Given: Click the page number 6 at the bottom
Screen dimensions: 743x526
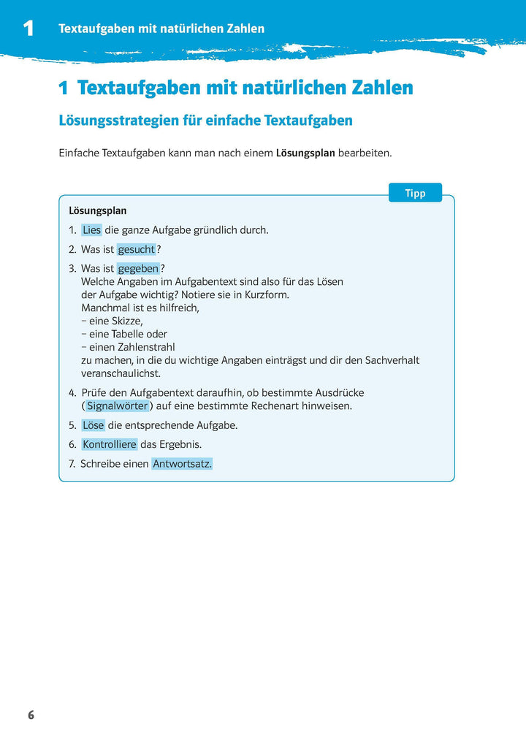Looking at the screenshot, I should coord(31,715).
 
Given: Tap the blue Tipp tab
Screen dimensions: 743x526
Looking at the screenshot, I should coord(415,193).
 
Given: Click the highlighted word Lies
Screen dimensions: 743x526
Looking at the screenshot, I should coord(92,230).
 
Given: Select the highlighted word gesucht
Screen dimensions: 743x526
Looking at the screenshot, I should coord(137,249).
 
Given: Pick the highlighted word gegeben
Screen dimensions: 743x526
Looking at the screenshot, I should coord(138,269).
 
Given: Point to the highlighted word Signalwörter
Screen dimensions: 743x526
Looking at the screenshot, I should coord(117,405).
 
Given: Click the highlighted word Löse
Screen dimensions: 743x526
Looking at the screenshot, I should coord(93,425).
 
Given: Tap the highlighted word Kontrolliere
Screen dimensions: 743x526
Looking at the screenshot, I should coord(110,444).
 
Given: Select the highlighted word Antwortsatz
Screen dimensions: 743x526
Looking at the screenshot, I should coord(182,464).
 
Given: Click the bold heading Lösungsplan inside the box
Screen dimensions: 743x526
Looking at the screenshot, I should coord(97,210).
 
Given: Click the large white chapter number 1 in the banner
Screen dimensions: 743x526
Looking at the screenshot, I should coord(28,29).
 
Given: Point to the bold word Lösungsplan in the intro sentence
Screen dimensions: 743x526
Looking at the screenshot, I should coord(305,153).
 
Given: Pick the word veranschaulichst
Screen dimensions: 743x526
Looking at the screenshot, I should coord(121,373).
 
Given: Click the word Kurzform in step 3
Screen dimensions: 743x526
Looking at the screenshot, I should coord(267,294).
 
